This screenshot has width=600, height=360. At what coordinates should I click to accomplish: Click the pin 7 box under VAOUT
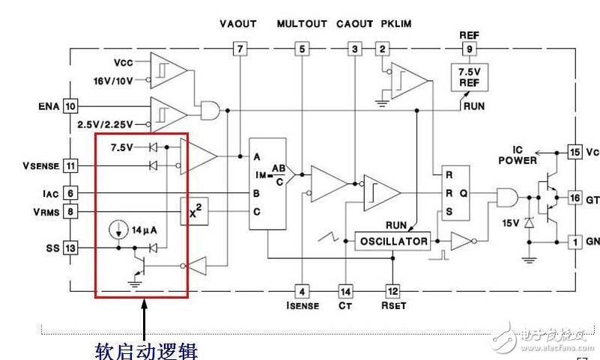tap(239, 49)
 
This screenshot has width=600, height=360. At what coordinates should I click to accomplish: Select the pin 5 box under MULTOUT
tap(301, 49)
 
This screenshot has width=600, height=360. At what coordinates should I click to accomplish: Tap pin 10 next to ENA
tap(70, 106)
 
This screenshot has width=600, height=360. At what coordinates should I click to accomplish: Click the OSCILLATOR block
tap(393, 241)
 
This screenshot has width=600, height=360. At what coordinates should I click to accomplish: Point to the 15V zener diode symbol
tap(531, 223)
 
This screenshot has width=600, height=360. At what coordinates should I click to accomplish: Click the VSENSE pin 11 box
tap(70, 165)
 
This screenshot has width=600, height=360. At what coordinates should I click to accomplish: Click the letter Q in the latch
tap(464, 192)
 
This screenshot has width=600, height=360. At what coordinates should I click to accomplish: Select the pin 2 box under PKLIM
tap(383, 49)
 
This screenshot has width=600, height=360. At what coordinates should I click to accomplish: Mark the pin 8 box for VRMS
tap(70, 213)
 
